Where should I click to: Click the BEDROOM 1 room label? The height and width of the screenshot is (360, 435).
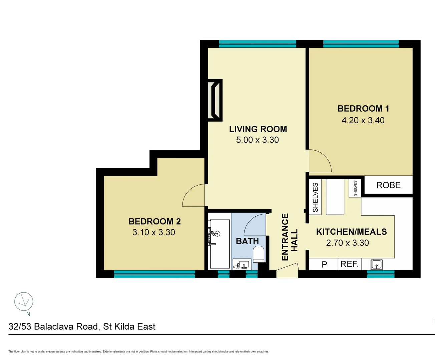tap(363, 109)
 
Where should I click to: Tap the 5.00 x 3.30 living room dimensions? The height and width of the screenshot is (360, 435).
tap(257, 140)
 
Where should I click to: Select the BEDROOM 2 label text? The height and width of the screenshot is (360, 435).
tap(154, 221)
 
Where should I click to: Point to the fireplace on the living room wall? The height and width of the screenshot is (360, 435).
tap(215, 100)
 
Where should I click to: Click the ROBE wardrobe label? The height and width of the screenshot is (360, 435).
tap(388, 185)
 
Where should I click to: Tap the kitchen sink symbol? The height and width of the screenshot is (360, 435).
tap(377, 265)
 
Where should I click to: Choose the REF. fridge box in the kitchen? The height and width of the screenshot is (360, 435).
tap(349, 264)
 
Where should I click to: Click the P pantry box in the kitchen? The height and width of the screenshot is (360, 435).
tap(324, 265)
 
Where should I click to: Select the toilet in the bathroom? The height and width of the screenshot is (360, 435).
tap(259, 254)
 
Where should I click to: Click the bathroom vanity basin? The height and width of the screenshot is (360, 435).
tap(242, 264)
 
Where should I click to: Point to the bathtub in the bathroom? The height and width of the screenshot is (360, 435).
tap(220, 244)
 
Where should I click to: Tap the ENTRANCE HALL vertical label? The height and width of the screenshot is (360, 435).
tap(289, 237)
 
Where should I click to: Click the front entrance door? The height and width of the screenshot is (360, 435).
tap(287, 271)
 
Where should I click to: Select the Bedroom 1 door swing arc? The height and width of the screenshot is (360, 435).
tap(320, 161)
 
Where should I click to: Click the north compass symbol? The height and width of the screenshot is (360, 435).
tap(24, 302)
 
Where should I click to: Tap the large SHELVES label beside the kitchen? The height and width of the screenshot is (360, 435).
tap(315, 198)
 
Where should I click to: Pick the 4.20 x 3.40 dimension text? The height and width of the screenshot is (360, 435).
tap(363, 120)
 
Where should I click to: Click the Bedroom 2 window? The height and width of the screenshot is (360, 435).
tap(154, 274)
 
